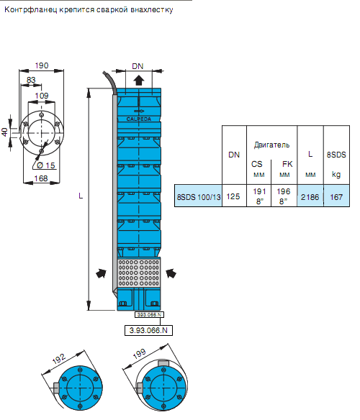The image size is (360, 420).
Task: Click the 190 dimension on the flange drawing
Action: click(42, 65)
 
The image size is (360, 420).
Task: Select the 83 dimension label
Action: click(31, 80)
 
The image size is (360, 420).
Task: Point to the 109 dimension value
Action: click(42, 96)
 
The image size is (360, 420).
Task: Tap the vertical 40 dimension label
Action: click(4, 132)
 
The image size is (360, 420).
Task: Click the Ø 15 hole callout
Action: click(45, 165)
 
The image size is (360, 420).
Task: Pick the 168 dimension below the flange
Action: click(41, 178)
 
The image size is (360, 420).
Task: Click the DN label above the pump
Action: click(138, 66)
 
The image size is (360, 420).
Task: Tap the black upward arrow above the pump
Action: click(139, 80)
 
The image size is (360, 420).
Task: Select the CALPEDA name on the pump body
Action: click(139, 119)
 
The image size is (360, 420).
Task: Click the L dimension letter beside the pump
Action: click(81, 196)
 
